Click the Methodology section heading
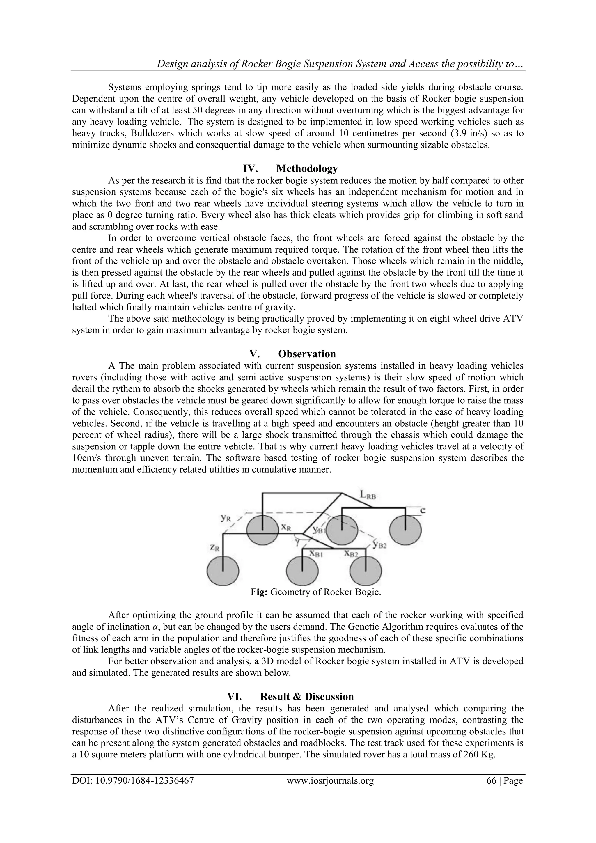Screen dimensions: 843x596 click(x=307, y=168)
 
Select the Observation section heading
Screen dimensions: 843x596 click(x=307, y=354)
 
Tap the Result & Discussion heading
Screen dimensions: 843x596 click(x=307, y=697)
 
